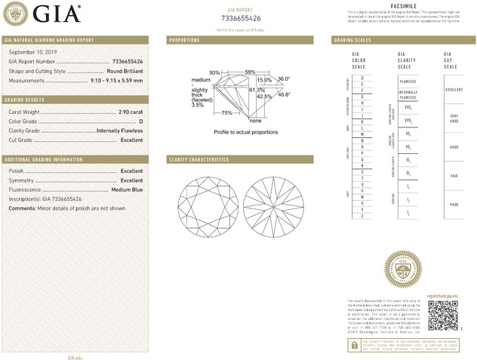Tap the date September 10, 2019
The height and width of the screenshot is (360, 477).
coord(28,51)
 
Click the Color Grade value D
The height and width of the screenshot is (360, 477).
coord(140,121)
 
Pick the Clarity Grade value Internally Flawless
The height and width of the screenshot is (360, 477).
coord(119,131)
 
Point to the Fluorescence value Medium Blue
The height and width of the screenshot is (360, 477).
coord(126,189)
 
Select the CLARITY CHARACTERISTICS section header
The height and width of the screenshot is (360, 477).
coord(198,160)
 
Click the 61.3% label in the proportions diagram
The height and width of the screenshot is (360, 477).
coord(257,90)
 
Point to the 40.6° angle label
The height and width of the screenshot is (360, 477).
coord(285,94)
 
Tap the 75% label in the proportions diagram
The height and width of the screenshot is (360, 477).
coord(226,112)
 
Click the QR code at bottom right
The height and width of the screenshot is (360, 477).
coord(442,315)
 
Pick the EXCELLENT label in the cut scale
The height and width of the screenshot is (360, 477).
coord(453,89)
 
